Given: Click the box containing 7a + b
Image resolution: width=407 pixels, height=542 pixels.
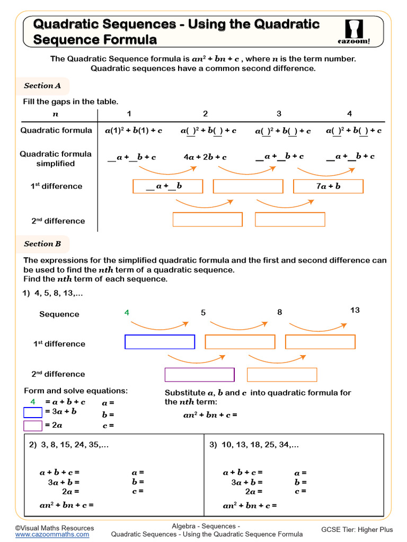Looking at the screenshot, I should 328,186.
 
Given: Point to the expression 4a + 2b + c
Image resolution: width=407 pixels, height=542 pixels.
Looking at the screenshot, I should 205,157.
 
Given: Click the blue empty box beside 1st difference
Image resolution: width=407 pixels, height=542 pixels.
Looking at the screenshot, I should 160,342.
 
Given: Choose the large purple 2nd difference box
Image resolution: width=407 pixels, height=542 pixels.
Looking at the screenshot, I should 199,374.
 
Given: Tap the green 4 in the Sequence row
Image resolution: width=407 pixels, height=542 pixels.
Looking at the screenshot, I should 127,313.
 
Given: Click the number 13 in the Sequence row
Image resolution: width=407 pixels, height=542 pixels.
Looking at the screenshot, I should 355,310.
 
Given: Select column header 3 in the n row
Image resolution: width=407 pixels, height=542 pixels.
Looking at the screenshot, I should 279,114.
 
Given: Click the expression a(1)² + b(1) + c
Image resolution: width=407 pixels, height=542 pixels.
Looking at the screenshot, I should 134,131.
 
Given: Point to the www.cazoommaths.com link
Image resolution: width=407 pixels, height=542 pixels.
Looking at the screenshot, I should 52,535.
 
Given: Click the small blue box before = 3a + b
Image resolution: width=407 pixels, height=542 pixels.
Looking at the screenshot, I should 33,412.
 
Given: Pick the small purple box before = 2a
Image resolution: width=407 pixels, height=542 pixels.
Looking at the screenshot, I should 33,425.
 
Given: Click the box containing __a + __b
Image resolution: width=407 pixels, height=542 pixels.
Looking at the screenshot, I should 167,186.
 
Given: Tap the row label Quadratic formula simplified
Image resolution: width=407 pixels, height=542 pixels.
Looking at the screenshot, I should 56,159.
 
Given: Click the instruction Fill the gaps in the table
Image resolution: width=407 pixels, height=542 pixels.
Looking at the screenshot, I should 70,102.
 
